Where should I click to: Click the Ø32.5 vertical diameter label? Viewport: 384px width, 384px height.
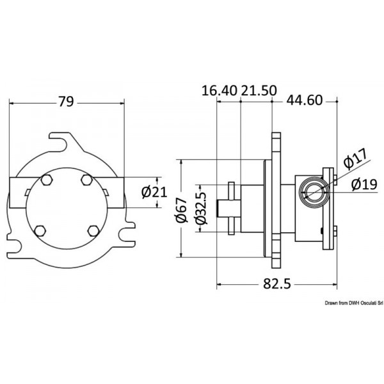pos(200,209)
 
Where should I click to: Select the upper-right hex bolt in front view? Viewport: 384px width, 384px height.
pos(86,180)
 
